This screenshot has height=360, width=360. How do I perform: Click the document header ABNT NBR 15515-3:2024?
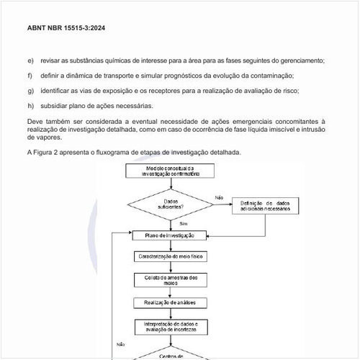[67, 29]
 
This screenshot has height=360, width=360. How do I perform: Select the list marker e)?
[30, 60]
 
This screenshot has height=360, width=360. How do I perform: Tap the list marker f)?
[30, 76]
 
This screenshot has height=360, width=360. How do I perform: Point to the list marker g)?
[30, 91]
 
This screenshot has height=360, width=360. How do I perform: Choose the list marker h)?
[30, 106]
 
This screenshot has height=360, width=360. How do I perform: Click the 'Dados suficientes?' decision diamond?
[170, 204]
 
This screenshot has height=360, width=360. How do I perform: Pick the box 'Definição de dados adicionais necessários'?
[264, 207]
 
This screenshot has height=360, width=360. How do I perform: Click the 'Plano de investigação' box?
[170, 235]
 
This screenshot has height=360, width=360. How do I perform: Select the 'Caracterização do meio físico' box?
[170, 256]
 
